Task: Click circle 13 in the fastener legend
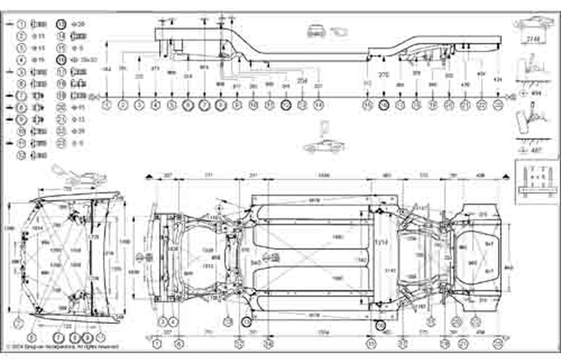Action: point(62,24)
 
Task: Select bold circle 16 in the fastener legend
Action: point(62,60)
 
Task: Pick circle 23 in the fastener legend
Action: point(62,143)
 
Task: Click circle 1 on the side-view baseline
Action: point(107,105)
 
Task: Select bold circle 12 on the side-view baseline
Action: point(285,105)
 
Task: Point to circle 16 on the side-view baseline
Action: point(384,105)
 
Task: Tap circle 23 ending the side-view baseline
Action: point(499,105)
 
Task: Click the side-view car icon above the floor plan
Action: point(323,147)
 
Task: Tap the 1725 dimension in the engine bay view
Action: point(93,236)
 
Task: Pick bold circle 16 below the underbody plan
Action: point(381,326)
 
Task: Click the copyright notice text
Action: point(61,347)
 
